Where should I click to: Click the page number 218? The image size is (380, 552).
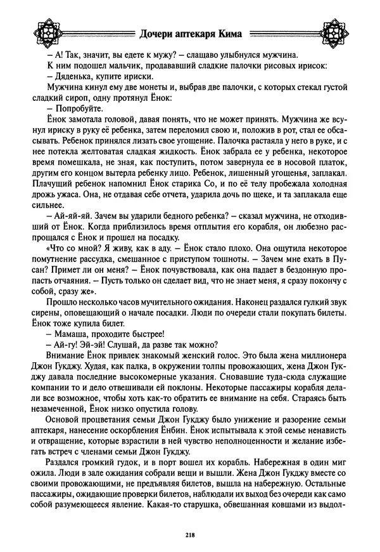190,535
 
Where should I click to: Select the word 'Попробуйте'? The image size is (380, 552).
75,109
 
